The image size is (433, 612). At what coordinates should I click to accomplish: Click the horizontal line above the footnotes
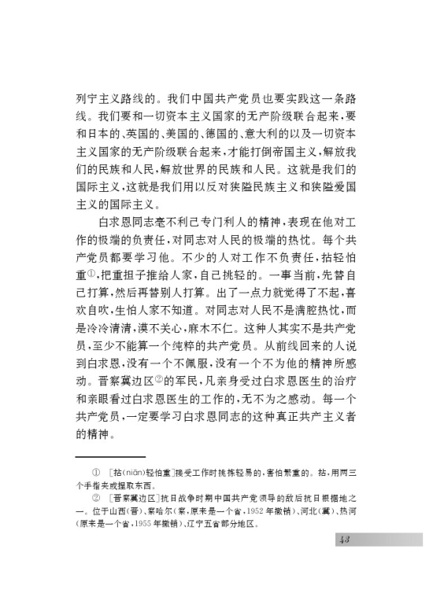pyautogui.click(x=111, y=456)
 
